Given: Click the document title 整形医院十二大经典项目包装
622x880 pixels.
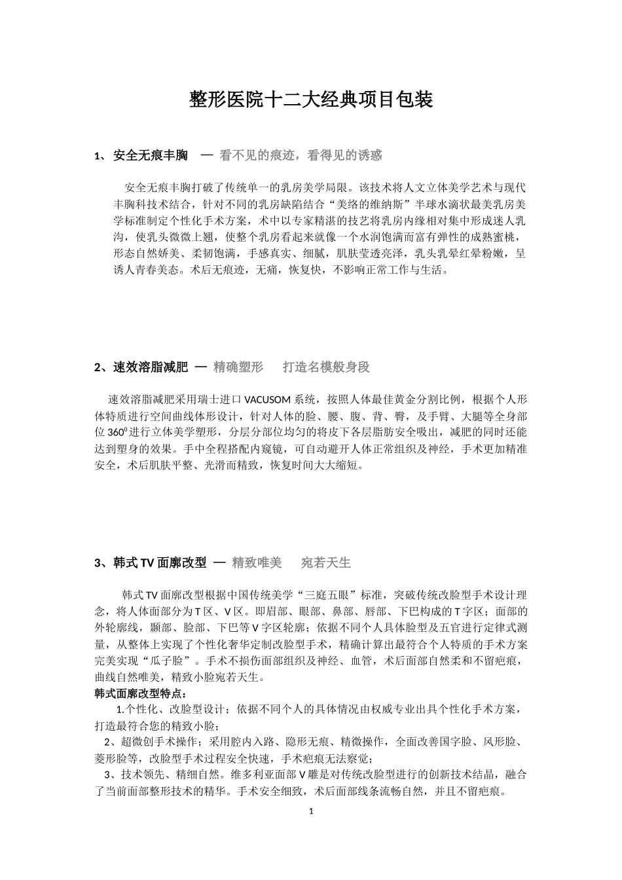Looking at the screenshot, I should point(311,100).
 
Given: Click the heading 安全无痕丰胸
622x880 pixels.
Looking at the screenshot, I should point(151,155).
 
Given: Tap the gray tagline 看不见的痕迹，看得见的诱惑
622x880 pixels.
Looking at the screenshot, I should point(301,155).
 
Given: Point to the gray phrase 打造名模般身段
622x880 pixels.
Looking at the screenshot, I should point(326,367).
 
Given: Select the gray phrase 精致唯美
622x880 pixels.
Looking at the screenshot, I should point(257,562).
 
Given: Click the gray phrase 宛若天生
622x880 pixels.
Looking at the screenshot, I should point(325,562).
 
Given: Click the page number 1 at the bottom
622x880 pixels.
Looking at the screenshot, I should point(311,811).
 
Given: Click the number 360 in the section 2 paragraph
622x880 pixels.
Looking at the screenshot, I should point(115,433).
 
